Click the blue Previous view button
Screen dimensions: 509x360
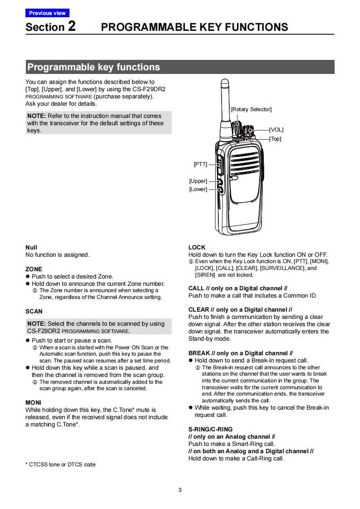47,13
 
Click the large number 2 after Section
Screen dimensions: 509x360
72,26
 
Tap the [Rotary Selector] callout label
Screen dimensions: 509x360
251,109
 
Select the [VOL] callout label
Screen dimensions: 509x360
276,130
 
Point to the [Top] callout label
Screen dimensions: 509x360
275,139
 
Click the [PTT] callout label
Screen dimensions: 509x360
200,164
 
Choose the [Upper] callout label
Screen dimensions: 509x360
198,181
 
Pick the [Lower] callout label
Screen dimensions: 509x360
198,189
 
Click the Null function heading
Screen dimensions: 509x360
31,247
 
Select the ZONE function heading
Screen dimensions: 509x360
34,269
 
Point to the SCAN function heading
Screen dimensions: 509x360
34,311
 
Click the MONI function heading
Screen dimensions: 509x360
33,402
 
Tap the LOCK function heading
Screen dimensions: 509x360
197,247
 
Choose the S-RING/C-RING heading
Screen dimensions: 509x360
211,429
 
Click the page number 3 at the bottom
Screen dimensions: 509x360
180,490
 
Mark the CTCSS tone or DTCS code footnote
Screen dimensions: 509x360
60,465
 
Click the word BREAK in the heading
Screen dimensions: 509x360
199,353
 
